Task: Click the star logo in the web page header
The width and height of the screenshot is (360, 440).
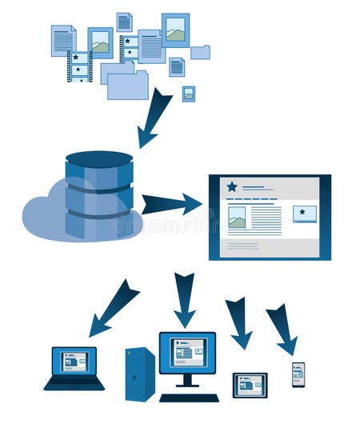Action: point(232,187)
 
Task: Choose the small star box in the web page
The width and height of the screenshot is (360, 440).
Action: point(304,214)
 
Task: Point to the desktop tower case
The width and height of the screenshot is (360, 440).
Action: point(140,374)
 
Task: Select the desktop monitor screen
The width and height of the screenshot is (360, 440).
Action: point(187,353)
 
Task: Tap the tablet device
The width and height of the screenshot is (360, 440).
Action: point(250,385)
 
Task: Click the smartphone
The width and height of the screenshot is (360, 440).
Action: point(298,374)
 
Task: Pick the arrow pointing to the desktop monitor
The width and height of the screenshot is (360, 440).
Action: point(185,299)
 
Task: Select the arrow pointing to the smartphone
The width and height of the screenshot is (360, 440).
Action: point(282,328)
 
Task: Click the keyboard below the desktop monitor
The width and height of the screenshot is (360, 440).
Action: point(189,398)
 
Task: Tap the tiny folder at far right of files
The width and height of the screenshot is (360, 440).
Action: point(201,52)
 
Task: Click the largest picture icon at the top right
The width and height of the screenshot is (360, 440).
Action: point(175,30)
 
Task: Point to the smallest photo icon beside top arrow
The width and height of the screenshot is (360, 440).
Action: point(188,93)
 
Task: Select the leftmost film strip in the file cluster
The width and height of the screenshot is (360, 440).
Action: point(79,66)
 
